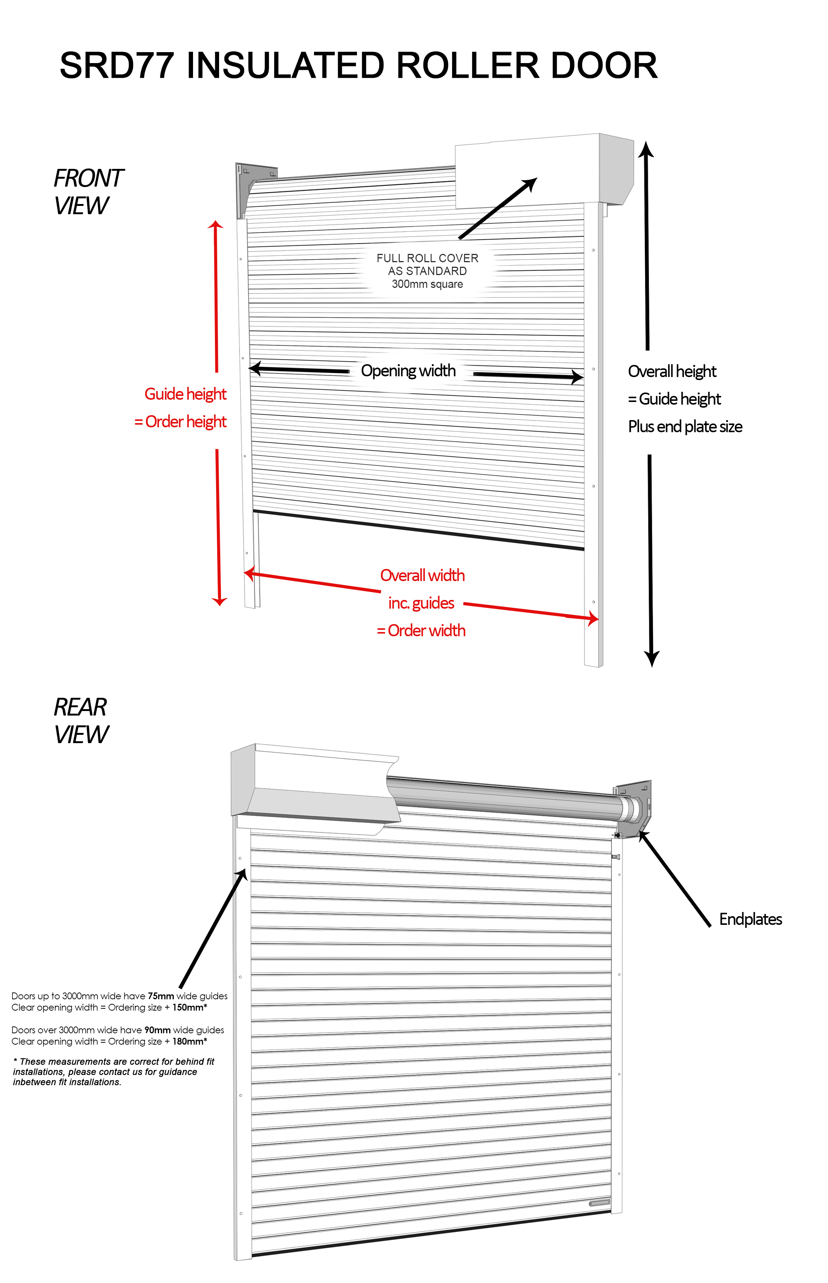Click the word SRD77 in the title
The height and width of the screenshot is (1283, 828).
[117, 66]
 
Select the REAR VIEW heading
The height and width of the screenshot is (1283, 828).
[81, 720]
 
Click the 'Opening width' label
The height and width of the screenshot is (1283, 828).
[408, 371]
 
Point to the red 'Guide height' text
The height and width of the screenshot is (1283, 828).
[185, 394]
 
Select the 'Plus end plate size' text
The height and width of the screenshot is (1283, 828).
[685, 427]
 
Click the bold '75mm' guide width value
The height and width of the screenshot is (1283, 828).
[161, 996]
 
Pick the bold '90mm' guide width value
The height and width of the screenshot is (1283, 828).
[157, 1030]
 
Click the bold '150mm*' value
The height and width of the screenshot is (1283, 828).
[189, 1007]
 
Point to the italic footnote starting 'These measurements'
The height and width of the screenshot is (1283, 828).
[113, 1072]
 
